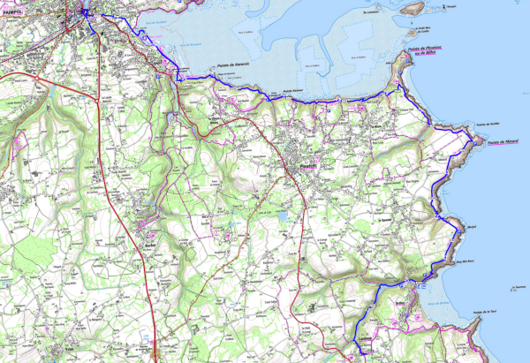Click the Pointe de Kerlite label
click(x=488, y=125)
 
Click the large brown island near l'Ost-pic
click(x=412, y=8)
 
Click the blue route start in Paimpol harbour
click(x=86, y=12)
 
